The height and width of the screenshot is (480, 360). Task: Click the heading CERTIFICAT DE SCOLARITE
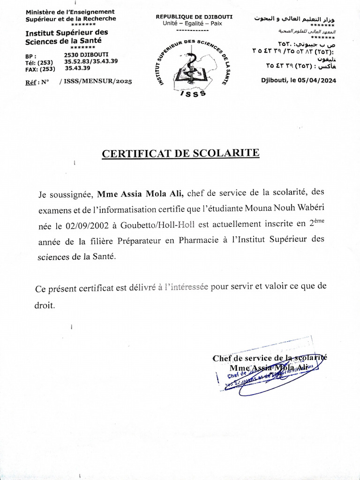pos(180,154)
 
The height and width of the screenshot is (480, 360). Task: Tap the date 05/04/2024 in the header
pos(317,80)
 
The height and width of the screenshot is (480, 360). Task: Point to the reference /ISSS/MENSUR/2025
pos(96,81)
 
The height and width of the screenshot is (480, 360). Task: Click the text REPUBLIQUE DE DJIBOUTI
pos(194,17)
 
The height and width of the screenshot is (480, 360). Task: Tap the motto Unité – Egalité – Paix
pos(193,23)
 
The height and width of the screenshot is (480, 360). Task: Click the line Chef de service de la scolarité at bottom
pos(270,358)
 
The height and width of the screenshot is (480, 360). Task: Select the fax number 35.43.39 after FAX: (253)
pos(77,67)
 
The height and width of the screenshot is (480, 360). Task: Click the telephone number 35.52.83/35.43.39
pos(91,61)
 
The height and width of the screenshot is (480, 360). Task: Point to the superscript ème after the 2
pos(319,222)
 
